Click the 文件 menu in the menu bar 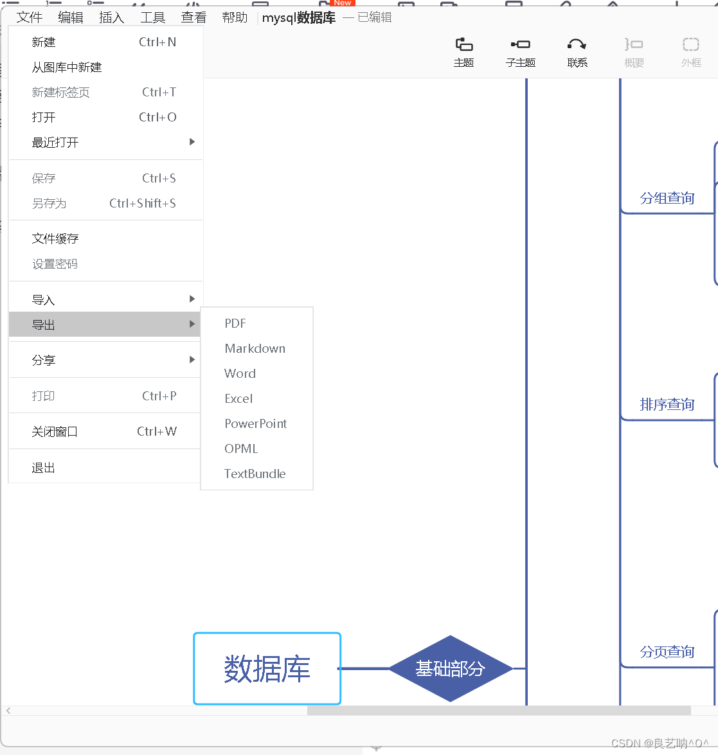[x=30, y=17]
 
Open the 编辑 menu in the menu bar [x=71, y=17]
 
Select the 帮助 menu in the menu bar [x=235, y=17]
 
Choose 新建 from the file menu [x=44, y=42]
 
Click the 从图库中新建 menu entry [x=67, y=67]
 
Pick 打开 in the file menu [x=44, y=118]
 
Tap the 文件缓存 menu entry [x=55, y=239]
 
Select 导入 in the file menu [x=44, y=300]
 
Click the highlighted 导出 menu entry [x=44, y=325]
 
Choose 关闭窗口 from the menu [x=55, y=432]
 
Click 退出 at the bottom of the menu [x=44, y=468]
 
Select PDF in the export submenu [x=235, y=323]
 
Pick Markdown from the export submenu [x=255, y=348]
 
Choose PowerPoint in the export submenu [x=255, y=423]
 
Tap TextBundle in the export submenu [x=255, y=474]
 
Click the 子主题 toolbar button [x=521, y=52]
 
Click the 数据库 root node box [x=267, y=668]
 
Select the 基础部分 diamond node [x=450, y=668]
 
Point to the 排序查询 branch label [x=667, y=404]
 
